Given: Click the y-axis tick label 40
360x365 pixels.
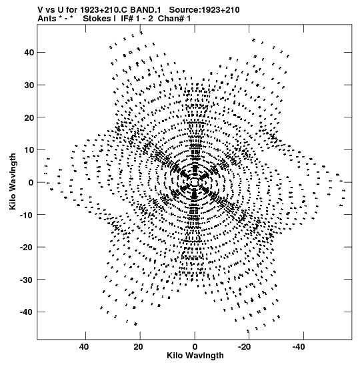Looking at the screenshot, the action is [x=29, y=52].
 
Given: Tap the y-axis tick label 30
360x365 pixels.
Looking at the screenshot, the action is [x=29, y=85].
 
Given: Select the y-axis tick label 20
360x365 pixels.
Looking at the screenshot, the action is [x=29, y=117].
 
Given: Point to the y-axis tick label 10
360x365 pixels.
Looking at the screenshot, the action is [x=29, y=149].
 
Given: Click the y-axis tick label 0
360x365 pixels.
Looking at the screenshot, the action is [x=31, y=182].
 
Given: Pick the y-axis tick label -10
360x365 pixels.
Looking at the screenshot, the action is [x=27, y=215].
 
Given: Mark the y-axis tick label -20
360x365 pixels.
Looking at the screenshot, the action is [x=27, y=247].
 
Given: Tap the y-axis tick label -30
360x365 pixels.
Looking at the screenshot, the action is [x=27, y=280].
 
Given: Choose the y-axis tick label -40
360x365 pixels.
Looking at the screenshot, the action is [x=27, y=312].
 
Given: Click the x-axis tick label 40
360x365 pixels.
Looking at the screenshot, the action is [x=84, y=347].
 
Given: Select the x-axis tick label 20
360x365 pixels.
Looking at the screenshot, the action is [x=139, y=347].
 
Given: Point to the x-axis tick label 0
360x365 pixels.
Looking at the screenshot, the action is [x=195, y=347].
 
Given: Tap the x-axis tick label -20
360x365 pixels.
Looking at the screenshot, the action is [x=245, y=347].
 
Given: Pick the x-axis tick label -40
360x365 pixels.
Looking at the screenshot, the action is [x=299, y=347].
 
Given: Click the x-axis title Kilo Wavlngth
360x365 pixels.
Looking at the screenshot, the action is [x=195, y=356].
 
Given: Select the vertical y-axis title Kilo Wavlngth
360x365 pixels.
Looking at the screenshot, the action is [x=13, y=181].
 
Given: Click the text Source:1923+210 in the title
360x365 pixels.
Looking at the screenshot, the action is [x=204, y=10].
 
